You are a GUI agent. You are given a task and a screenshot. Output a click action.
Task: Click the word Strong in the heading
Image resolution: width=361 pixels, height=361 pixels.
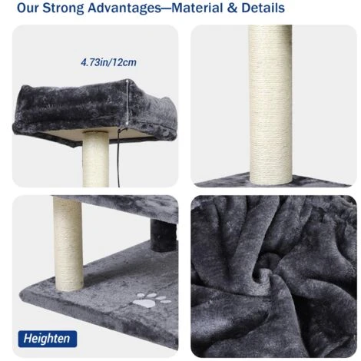[x=63, y=8]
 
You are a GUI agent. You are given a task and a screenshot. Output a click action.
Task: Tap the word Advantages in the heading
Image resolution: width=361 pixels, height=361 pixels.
[x=125, y=8]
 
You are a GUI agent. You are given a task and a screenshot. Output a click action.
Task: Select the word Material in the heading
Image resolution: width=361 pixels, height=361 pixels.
[x=197, y=8]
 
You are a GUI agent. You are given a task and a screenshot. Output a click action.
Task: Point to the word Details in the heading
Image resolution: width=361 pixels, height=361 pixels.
[x=263, y=8]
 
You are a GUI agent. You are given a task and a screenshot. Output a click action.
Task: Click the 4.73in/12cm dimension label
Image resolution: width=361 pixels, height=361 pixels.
[x=108, y=62]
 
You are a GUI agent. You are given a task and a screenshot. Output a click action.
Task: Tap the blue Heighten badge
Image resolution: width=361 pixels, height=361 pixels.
[x=48, y=339]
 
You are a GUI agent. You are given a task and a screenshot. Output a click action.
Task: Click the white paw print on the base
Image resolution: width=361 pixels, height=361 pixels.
[x=152, y=300]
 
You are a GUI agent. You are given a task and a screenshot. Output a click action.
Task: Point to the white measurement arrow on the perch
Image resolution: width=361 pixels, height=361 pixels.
[x=128, y=102]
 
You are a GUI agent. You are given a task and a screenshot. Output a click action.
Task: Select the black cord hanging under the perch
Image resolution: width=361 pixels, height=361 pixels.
[x=118, y=157]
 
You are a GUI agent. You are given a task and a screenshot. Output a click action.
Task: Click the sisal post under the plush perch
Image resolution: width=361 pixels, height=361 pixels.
[x=96, y=159]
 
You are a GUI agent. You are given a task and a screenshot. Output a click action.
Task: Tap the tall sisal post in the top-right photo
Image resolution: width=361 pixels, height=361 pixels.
[x=270, y=104]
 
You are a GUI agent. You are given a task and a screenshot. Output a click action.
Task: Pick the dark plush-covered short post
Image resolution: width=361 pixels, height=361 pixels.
[x=163, y=236]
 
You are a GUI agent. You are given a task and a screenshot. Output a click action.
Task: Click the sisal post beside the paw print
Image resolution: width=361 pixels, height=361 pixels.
[x=68, y=243]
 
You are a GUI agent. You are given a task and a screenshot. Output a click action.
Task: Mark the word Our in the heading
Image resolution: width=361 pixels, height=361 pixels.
[x=28, y=8]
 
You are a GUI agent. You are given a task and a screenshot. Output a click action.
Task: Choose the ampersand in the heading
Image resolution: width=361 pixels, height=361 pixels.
[x=232, y=8]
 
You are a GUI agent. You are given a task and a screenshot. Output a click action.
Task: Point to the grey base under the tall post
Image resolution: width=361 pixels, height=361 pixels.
[x=272, y=180]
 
